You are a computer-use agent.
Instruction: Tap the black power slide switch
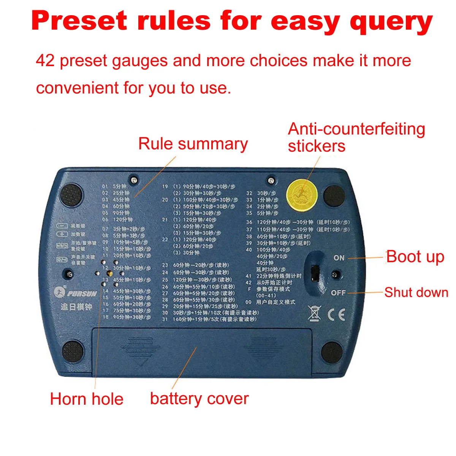tap(315, 272)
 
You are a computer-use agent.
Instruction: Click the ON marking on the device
tap(339, 258)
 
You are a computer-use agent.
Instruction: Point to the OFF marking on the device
tap(338, 293)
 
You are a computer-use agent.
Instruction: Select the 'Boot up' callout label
tap(415, 257)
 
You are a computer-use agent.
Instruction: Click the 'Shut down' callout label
tap(416, 292)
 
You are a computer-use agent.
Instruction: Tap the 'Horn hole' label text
tap(87, 399)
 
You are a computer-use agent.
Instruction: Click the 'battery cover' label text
tap(199, 399)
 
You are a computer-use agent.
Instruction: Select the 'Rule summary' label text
tap(193, 144)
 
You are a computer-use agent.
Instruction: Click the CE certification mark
tap(337, 315)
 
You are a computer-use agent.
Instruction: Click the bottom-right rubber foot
tap(332, 352)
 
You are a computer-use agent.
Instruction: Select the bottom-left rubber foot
tap(72, 351)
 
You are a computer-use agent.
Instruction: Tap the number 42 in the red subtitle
tap(45, 61)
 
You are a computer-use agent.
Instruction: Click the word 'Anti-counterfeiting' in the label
tap(356, 129)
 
